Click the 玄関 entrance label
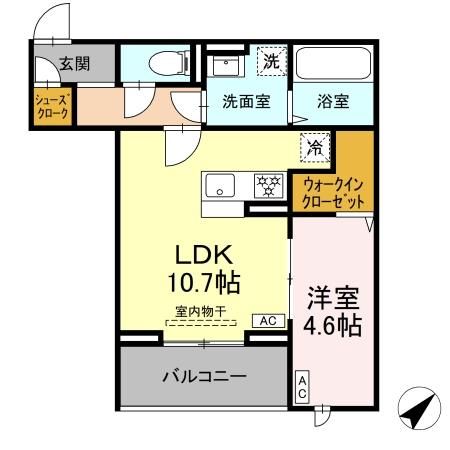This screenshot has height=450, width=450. [73, 63]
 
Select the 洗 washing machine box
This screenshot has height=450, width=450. [270, 60]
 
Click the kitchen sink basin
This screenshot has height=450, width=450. [220, 186]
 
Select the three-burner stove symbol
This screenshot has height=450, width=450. [267, 185]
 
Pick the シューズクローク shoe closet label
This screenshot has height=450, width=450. [51, 107]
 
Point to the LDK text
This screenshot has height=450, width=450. [205, 253]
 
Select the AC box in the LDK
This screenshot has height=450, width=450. [267, 321]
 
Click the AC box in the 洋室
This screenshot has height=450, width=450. [302, 388]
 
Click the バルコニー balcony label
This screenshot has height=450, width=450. [204, 376]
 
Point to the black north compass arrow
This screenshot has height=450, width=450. [419, 411]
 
